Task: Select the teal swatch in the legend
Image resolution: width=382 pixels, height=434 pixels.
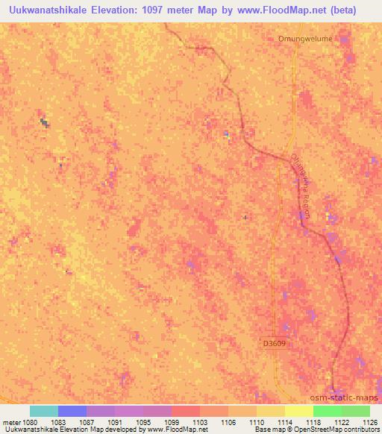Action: click(x=43, y=411)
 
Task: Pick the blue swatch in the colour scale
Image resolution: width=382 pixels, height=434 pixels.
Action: click(x=72, y=411)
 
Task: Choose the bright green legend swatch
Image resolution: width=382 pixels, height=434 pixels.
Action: click(x=328, y=411)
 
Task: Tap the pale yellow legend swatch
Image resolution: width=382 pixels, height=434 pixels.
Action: click(x=299, y=411)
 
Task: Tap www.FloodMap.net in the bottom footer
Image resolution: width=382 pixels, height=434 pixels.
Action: click(x=177, y=430)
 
